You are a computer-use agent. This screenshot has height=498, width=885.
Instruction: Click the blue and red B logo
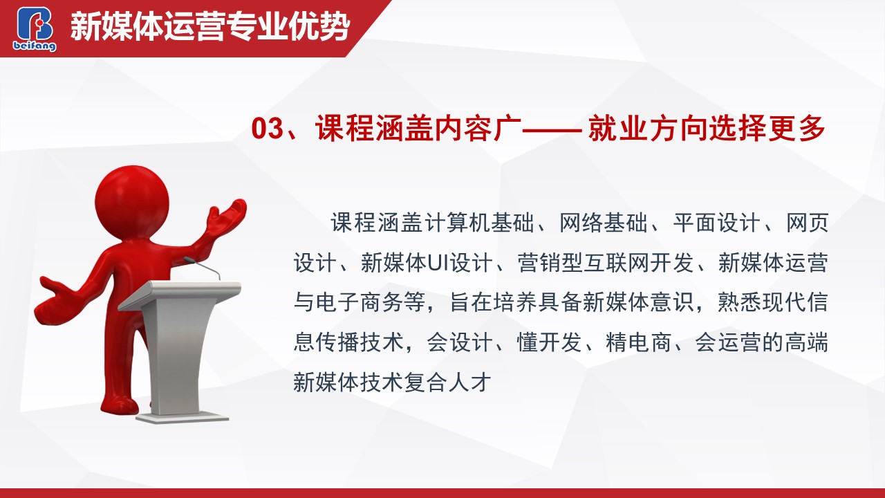(35, 24)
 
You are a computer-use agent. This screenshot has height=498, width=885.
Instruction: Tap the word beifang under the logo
(35, 46)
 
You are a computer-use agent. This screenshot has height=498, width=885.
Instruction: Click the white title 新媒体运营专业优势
(210, 27)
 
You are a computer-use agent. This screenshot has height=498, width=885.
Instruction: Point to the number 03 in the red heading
(268, 128)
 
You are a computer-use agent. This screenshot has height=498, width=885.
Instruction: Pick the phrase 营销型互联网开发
(605, 263)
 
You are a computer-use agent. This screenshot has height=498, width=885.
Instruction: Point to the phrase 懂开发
(549, 342)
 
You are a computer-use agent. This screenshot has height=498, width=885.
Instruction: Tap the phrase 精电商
(638, 342)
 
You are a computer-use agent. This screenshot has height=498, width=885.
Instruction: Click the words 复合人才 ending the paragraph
(447, 382)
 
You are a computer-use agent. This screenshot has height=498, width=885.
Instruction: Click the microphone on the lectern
(201, 267)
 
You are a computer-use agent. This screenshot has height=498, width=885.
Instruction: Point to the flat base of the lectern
(183, 418)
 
